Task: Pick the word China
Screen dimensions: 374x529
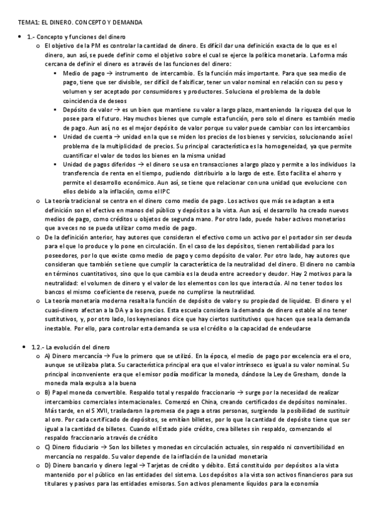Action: (x=176, y=404)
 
